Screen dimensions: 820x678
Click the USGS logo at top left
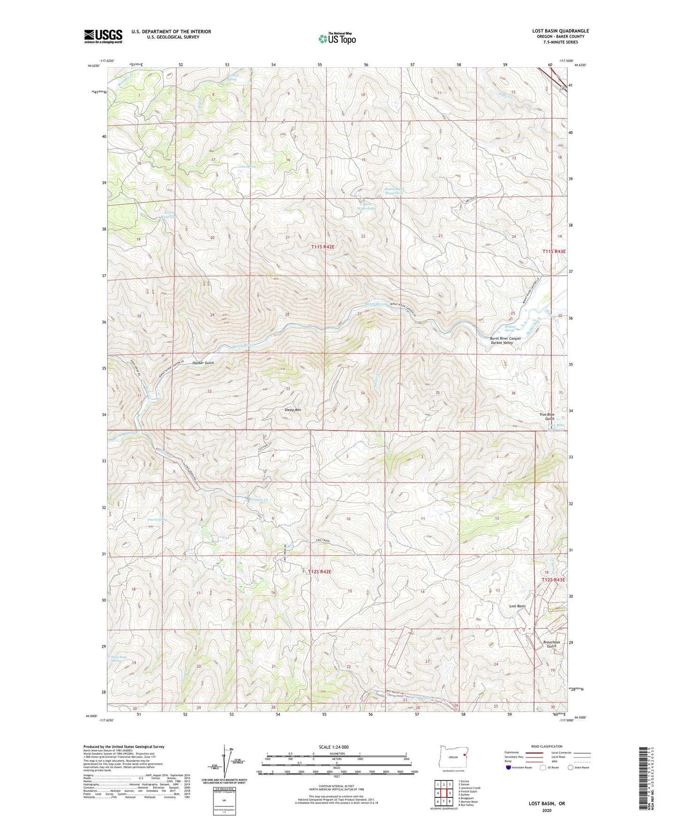(103, 36)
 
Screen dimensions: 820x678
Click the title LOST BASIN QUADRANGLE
(560, 31)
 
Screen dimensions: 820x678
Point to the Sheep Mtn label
(292, 410)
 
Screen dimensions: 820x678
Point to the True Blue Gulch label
(547, 417)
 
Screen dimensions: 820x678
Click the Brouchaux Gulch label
(551, 644)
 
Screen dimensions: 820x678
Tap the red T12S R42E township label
(320, 572)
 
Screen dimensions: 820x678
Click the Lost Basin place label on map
(517, 606)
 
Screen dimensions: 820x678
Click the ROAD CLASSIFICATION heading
(547, 746)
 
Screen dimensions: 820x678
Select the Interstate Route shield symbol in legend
(508, 767)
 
